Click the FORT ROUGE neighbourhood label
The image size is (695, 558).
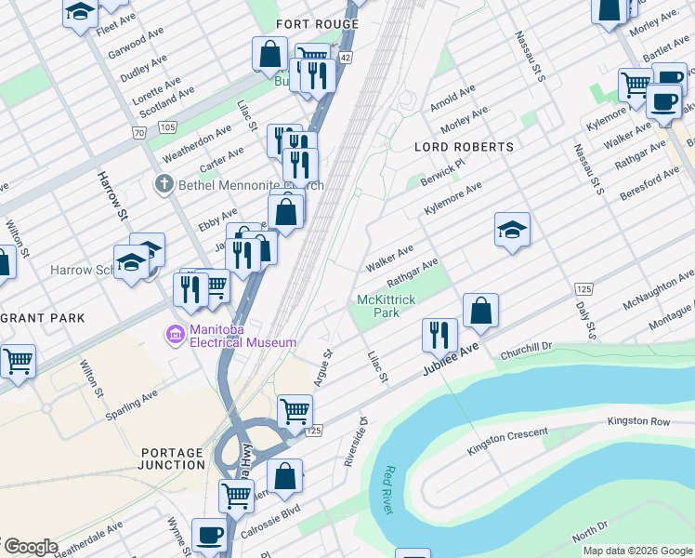click(318, 24)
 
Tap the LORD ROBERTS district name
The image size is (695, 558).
click(464, 147)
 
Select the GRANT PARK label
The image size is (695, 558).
click(43, 318)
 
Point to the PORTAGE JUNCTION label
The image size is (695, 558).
click(172, 458)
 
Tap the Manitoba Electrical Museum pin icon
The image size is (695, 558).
click(174, 334)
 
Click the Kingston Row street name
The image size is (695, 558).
click(638, 421)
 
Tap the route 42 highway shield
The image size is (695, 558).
click(345, 58)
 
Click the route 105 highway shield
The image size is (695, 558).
click(167, 126)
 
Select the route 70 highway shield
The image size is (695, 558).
click(139, 134)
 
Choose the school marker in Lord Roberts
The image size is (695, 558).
click(512, 230)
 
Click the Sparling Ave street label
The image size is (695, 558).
click(132, 399)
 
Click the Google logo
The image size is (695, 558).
click(30, 547)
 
